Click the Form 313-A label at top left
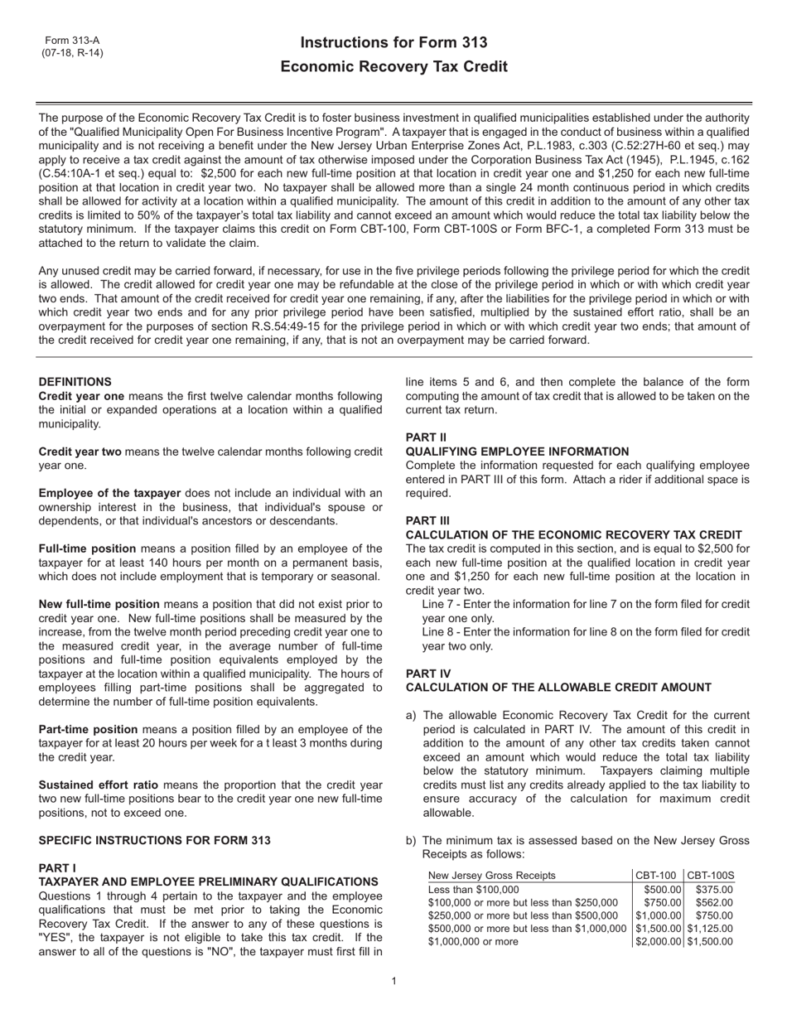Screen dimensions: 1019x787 pyautogui.click(x=72, y=41)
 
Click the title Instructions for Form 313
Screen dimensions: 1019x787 pyautogui.click(x=393, y=43)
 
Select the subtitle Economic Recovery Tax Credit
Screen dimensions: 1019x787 pyautogui.click(x=393, y=67)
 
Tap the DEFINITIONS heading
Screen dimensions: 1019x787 pyautogui.click(x=75, y=382)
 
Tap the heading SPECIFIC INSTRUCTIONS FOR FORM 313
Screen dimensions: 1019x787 pyautogui.click(x=154, y=840)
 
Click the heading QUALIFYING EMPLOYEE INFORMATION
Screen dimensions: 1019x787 pyautogui.click(x=517, y=452)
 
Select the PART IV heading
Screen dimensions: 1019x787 pyautogui.click(x=428, y=674)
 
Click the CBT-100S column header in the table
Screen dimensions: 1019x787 pyautogui.click(x=711, y=876)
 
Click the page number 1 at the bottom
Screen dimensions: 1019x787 pyautogui.click(x=393, y=982)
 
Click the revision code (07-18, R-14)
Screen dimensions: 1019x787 pyautogui.click(x=73, y=53)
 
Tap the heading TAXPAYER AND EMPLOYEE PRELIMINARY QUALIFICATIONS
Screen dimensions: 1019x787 pyautogui.click(x=208, y=882)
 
